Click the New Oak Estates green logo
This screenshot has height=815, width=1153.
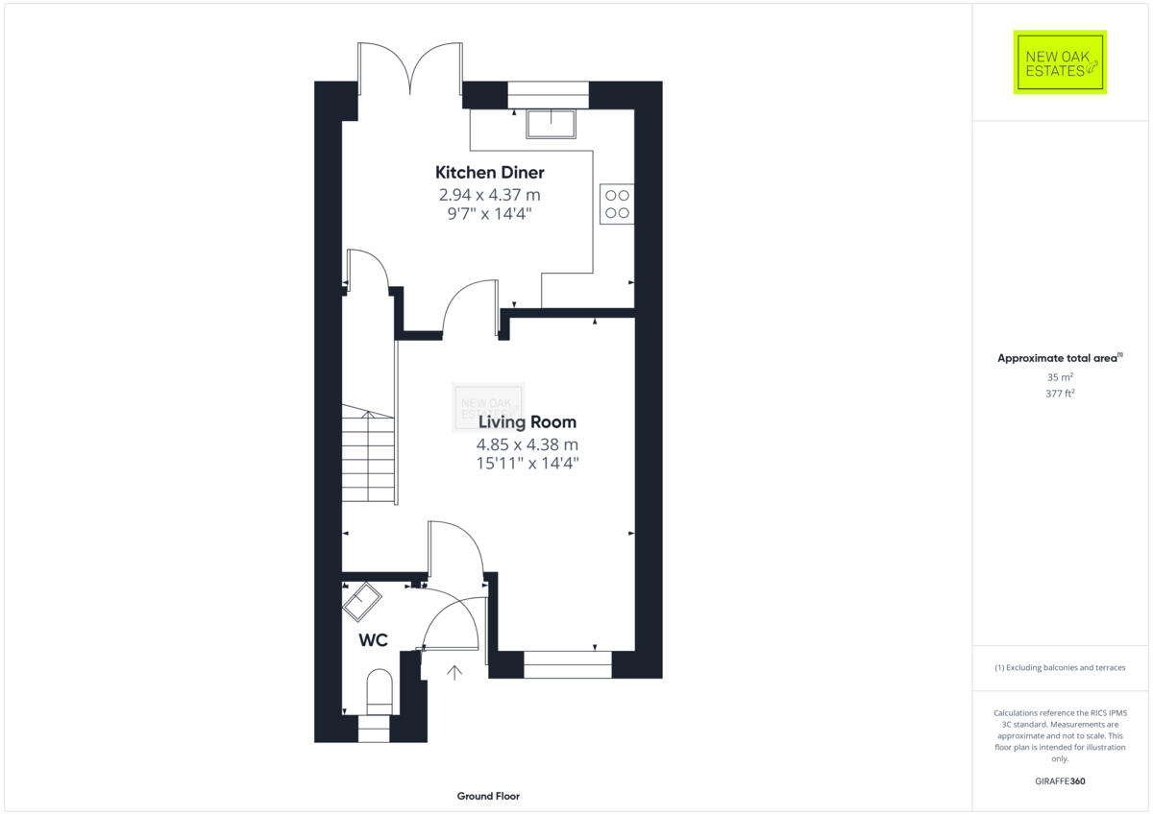pyautogui.click(x=1060, y=62)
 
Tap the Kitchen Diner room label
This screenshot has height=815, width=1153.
pyautogui.click(x=490, y=173)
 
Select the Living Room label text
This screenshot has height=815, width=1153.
pyautogui.click(x=527, y=421)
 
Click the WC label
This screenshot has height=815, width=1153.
pyautogui.click(x=373, y=640)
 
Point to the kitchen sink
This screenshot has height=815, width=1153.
pyautogui.click(x=551, y=124)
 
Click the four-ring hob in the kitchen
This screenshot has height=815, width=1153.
pyautogui.click(x=616, y=204)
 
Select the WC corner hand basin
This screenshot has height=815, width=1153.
pyautogui.click(x=362, y=602)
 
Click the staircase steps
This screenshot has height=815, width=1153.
pyautogui.click(x=369, y=456)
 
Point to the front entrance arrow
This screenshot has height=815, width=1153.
pyautogui.click(x=454, y=672)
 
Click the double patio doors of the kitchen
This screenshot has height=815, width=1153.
pyautogui.click(x=409, y=67)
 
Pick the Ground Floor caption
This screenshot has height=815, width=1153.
pyautogui.click(x=488, y=796)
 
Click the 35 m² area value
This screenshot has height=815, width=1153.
pyautogui.click(x=1060, y=377)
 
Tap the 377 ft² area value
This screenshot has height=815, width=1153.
pyautogui.click(x=1060, y=394)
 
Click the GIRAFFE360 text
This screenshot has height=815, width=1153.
pyautogui.click(x=1060, y=781)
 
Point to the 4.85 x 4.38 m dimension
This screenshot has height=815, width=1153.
pyautogui.click(x=527, y=444)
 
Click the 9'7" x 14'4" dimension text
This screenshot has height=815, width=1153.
pyautogui.click(x=490, y=213)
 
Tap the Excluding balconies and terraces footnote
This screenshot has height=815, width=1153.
pyautogui.click(x=1060, y=667)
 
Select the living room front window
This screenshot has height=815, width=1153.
pyautogui.click(x=567, y=664)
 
